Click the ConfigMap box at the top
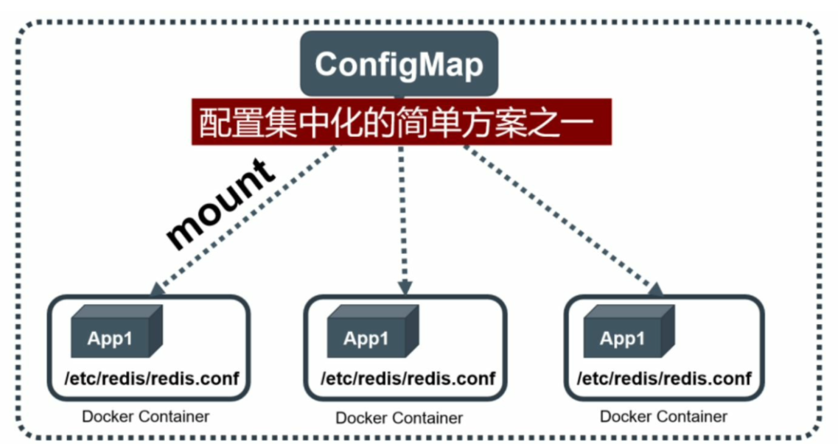pyautogui.click(x=399, y=65)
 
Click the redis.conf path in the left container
pyautogui.click(x=152, y=379)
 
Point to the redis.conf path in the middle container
pyautogui.click(x=408, y=379)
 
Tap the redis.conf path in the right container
pyautogui.click(x=664, y=379)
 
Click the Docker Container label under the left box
pyautogui.click(x=146, y=417)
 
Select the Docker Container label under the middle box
pyautogui.click(x=399, y=418)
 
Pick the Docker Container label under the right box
pyautogui.click(x=663, y=417)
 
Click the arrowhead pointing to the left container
pyautogui.click(x=156, y=287)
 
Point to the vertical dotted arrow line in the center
pyautogui.click(x=402, y=214)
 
